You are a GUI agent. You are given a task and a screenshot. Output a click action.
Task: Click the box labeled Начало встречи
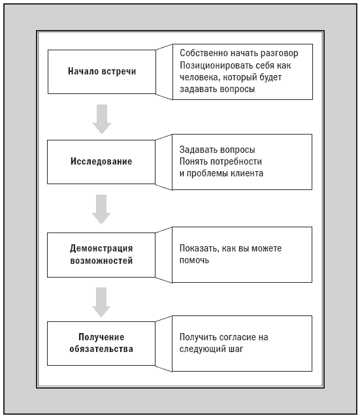click(x=102, y=72)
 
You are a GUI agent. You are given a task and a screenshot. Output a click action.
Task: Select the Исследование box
click(x=101, y=162)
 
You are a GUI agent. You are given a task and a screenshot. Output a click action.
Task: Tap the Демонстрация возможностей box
click(x=101, y=255)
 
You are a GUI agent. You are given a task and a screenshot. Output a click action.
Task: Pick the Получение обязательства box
click(x=101, y=344)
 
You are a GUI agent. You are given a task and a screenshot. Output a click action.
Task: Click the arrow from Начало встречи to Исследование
click(x=102, y=119)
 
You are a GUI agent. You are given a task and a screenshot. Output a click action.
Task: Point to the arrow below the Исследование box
click(x=101, y=209)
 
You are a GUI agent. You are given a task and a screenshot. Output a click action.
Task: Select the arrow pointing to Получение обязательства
click(x=101, y=302)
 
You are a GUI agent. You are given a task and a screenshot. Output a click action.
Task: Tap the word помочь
click(x=194, y=260)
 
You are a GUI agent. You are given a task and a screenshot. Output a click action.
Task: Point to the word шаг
click(x=236, y=349)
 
